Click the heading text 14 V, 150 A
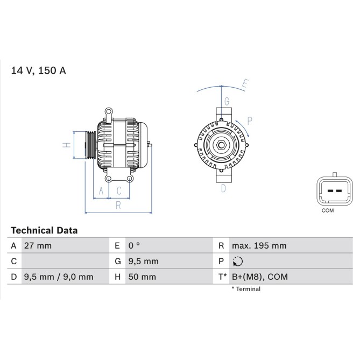(x=39, y=70)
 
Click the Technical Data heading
(x=44, y=230)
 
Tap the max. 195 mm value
(x=259, y=246)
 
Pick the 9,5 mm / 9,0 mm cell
(x=59, y=277)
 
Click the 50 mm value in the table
(x=142, y=277)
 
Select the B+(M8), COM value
(x=260, y=277)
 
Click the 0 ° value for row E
(x=134, y=246)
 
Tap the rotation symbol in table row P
(x=238, y=262)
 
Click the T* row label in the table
(x=222, y=277)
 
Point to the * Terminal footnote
(x=246, y=289)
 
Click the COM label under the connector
(x=327, y=210)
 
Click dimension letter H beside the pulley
(x=65, y=145)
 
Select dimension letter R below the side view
(x=118, y=204)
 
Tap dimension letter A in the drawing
(x=101, y=190)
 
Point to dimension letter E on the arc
(x=244, y=83)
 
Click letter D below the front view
(x=223, y=188)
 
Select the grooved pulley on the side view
(x=90, y=145)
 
